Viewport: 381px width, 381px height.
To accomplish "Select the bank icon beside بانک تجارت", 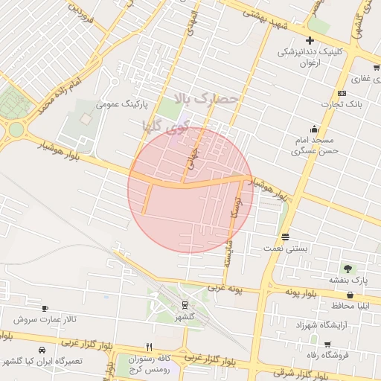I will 342,93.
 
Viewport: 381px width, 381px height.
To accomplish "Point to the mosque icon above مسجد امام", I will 315,127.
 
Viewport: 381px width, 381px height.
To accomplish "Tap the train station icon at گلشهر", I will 184,304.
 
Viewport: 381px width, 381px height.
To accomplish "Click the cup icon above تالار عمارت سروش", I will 45,308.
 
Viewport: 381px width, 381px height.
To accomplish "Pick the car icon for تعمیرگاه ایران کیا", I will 42,350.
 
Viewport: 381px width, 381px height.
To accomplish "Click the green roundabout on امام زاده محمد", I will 16,129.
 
